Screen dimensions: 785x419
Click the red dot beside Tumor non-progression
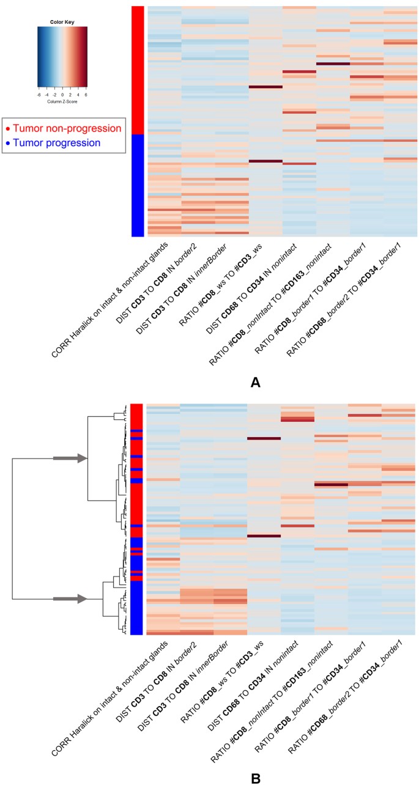click(8, 128)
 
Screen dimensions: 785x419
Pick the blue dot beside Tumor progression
click(8, 143)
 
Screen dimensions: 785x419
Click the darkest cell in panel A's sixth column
click(333, 64)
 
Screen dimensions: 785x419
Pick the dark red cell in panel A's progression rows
click(265, 161)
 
